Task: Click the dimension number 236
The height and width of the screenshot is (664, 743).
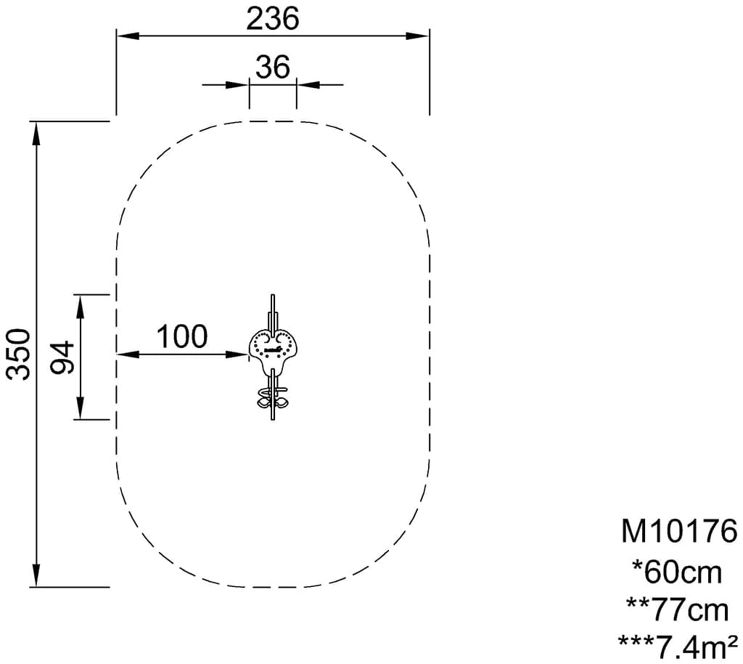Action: point(273,19)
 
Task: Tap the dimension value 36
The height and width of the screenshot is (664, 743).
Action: point(273,67)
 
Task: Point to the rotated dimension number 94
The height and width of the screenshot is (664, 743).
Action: point(62,357)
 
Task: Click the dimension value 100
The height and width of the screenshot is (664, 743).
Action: point(182,336)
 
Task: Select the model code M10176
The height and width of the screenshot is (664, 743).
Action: point(679,531)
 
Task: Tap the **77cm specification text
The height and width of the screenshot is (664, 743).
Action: point(678,610)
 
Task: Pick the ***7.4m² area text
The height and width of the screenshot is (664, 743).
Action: point(678,646)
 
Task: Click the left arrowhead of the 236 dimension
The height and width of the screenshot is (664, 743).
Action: point(128,36)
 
